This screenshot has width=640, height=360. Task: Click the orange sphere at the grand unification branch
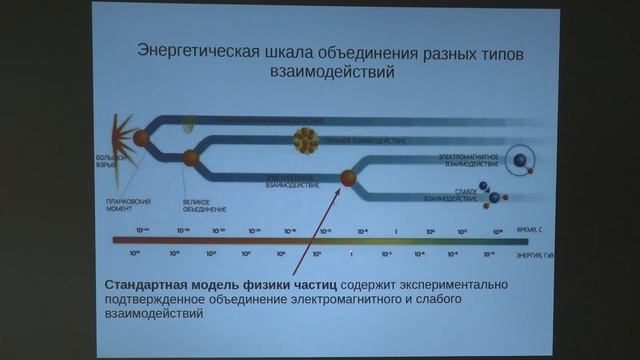point(190,158)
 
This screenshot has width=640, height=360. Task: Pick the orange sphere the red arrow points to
point(349,178)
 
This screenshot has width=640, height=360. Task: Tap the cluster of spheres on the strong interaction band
point(304,140)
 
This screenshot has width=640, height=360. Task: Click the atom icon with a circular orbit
point(519,158)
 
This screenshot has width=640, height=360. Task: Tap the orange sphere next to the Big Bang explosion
point(142,138)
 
